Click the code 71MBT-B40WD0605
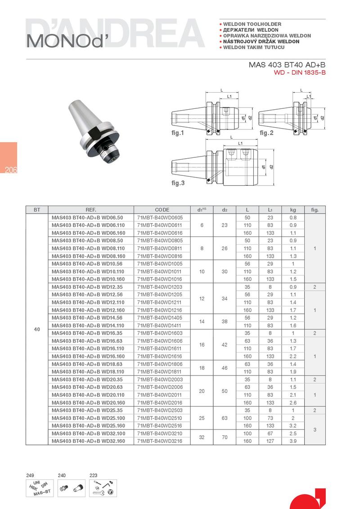160,218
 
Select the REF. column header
90,210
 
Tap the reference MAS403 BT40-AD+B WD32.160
88,441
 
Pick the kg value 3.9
293,441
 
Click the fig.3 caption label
178,183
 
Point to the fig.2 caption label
266,133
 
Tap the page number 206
11,170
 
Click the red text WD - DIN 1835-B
300,72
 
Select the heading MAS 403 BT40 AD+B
287,65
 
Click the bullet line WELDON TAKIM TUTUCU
254,47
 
